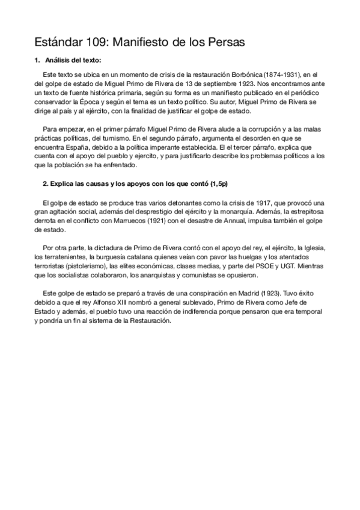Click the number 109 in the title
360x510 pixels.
pos(97,43)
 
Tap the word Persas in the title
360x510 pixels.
pos(224,43)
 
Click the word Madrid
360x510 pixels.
pos(223,293)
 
